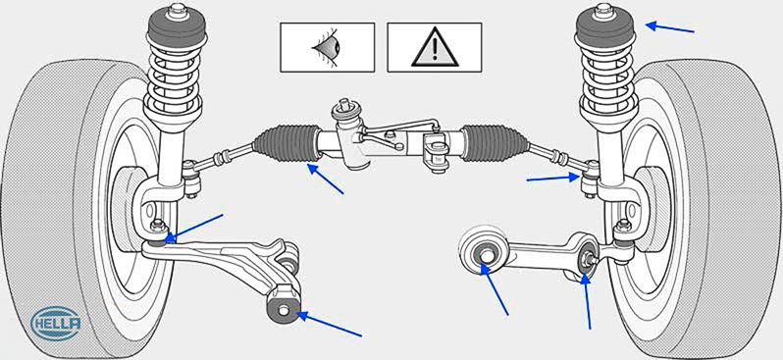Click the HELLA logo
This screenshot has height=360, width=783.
pos(56,323)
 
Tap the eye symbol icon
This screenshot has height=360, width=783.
pos(327,47)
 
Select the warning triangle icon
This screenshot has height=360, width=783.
pos(435,47)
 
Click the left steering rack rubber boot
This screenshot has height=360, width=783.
pos(287,143)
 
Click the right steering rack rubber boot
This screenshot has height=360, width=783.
pos(495,143)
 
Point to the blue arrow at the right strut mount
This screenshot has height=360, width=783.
pos(669,27)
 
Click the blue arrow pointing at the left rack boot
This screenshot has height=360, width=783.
pos(326,179)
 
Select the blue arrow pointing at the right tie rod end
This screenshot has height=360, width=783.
pos(552,179)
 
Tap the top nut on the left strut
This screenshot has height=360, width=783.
pos(177,11)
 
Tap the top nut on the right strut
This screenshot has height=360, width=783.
pos(604,11)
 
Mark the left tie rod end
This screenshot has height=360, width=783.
pos(191,178)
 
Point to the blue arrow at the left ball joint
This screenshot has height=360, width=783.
pos(193,228)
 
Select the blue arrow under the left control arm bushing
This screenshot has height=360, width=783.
pos(330,324)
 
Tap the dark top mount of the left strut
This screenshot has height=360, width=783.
pos(177,31)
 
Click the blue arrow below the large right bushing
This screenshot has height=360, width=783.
pos(495,288)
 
